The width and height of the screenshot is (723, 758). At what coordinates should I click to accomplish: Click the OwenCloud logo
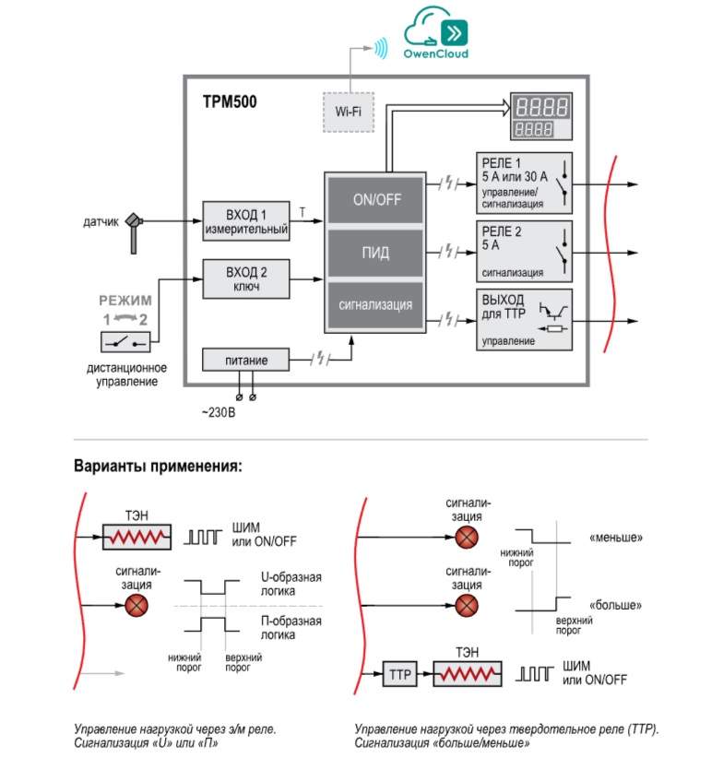[436, 33]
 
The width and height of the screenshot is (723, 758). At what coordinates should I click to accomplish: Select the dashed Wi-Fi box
[349, 113]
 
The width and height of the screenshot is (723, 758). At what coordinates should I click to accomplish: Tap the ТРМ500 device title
[230, 101]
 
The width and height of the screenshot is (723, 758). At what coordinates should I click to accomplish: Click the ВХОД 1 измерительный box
[246, 221]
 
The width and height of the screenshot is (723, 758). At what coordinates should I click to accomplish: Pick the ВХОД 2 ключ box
[246, 278]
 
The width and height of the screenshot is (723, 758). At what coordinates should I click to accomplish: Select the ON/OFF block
[375, 200]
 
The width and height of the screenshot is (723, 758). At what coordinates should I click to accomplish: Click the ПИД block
[375, 253]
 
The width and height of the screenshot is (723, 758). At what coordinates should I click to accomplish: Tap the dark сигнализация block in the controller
[375, 305]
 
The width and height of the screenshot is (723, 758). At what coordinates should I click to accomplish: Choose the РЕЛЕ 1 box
[525, 184]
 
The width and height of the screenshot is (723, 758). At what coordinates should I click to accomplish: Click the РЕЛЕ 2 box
[525, 252]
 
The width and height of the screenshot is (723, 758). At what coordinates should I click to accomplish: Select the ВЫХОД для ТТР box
[525, 320]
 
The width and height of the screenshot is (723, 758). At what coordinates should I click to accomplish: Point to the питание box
[246, 360]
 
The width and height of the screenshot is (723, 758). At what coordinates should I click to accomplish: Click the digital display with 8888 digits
[541, 116]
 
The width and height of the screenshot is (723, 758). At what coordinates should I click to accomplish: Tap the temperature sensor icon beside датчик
[134, 232]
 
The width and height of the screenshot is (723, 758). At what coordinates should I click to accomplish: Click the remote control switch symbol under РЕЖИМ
[125, 342]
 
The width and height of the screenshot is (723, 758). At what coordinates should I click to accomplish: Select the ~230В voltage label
[219, 412]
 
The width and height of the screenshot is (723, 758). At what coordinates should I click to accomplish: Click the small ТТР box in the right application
[399, 674]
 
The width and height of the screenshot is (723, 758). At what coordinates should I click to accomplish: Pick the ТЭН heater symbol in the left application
[136, 537]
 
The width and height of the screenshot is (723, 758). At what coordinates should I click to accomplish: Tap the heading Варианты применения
[158, 466]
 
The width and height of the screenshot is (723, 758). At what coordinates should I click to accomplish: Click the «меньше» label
[616, 538]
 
